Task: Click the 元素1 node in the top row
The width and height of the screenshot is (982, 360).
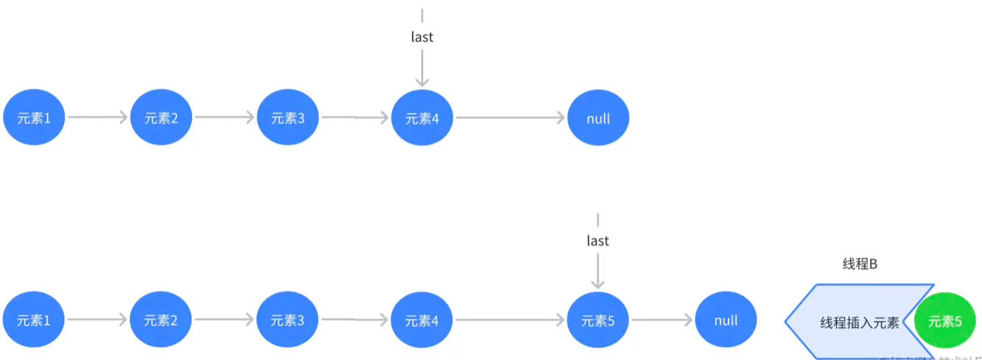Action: click(x=34, y=118)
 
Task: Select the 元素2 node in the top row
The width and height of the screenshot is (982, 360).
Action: click(x=161, y=118)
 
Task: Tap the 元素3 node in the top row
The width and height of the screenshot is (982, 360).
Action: click(x=288, y=118)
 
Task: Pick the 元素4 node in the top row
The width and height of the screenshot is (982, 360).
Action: click(x=422, y=118)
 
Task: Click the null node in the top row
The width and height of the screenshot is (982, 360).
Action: click(x=598, y=118)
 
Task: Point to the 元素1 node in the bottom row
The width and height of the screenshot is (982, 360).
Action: click(x=34, y=321)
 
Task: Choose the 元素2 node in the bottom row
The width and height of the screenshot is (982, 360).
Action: click(x=160, y=321)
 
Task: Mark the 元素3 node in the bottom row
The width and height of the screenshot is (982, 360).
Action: click(x=287, y=321)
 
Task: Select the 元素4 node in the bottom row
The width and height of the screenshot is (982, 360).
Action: click(x=421, y=321)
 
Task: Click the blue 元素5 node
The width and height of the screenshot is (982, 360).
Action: click(x=598, y=321)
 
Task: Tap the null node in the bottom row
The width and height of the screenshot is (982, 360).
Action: click(x=726, y=321)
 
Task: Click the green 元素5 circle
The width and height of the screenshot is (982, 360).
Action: click(x=945, y=322)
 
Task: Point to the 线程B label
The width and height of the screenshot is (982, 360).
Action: click(x=860, y=264)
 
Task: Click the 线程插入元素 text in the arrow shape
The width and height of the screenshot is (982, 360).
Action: click(x=859, y=322)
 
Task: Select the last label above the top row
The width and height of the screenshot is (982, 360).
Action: click(x=422, y=37)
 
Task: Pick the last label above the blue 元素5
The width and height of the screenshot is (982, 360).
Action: click(x=598, y=241)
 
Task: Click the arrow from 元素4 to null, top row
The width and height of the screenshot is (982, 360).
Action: click(x=510, y=118)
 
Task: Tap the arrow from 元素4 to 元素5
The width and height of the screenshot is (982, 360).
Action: click(x=510, y=321)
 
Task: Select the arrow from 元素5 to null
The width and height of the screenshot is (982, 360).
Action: click(x=661, y=321)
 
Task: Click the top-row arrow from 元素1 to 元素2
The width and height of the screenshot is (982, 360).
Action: click(x=97, y=118)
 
